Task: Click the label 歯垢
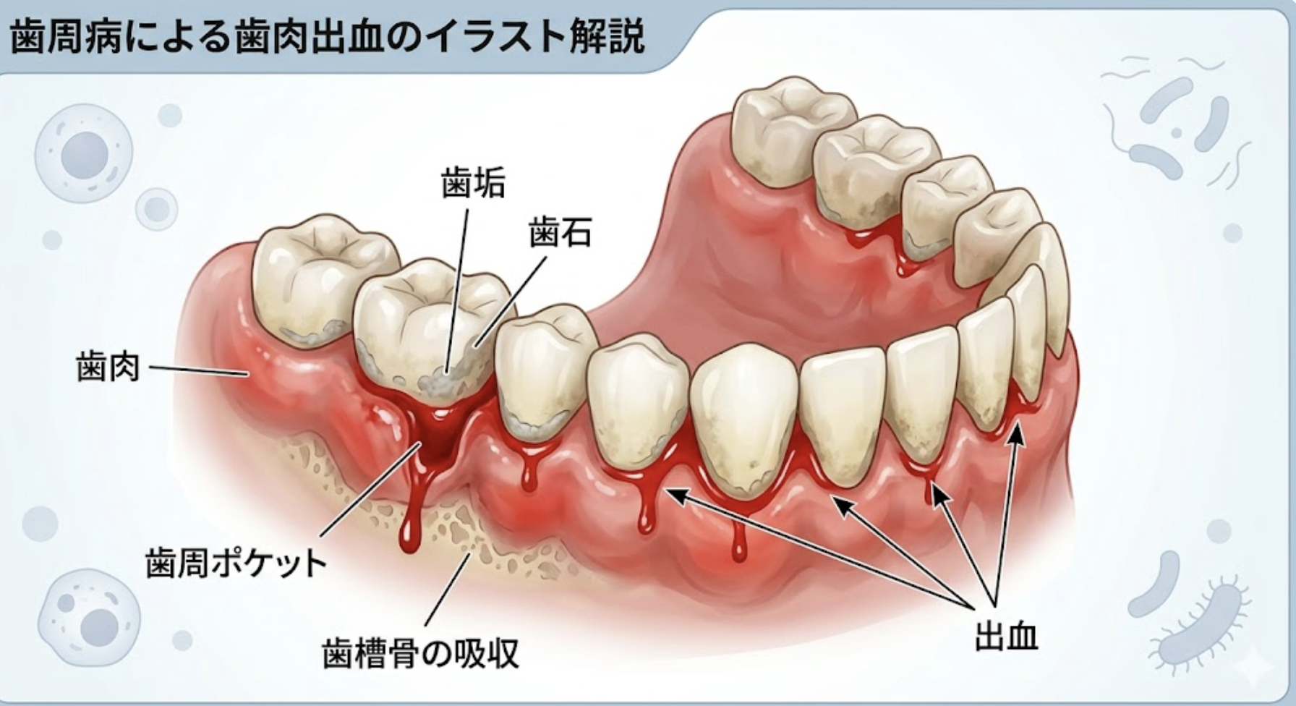(x=473, y=184)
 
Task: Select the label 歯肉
(x=108, y=367)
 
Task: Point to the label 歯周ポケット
(x=236, y=563)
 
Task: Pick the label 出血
(x=1006, y=637)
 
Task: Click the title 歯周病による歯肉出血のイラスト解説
(x=327, y=37)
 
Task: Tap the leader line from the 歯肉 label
(x=199, y=370)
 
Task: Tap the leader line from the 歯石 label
(x=511, y=302)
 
